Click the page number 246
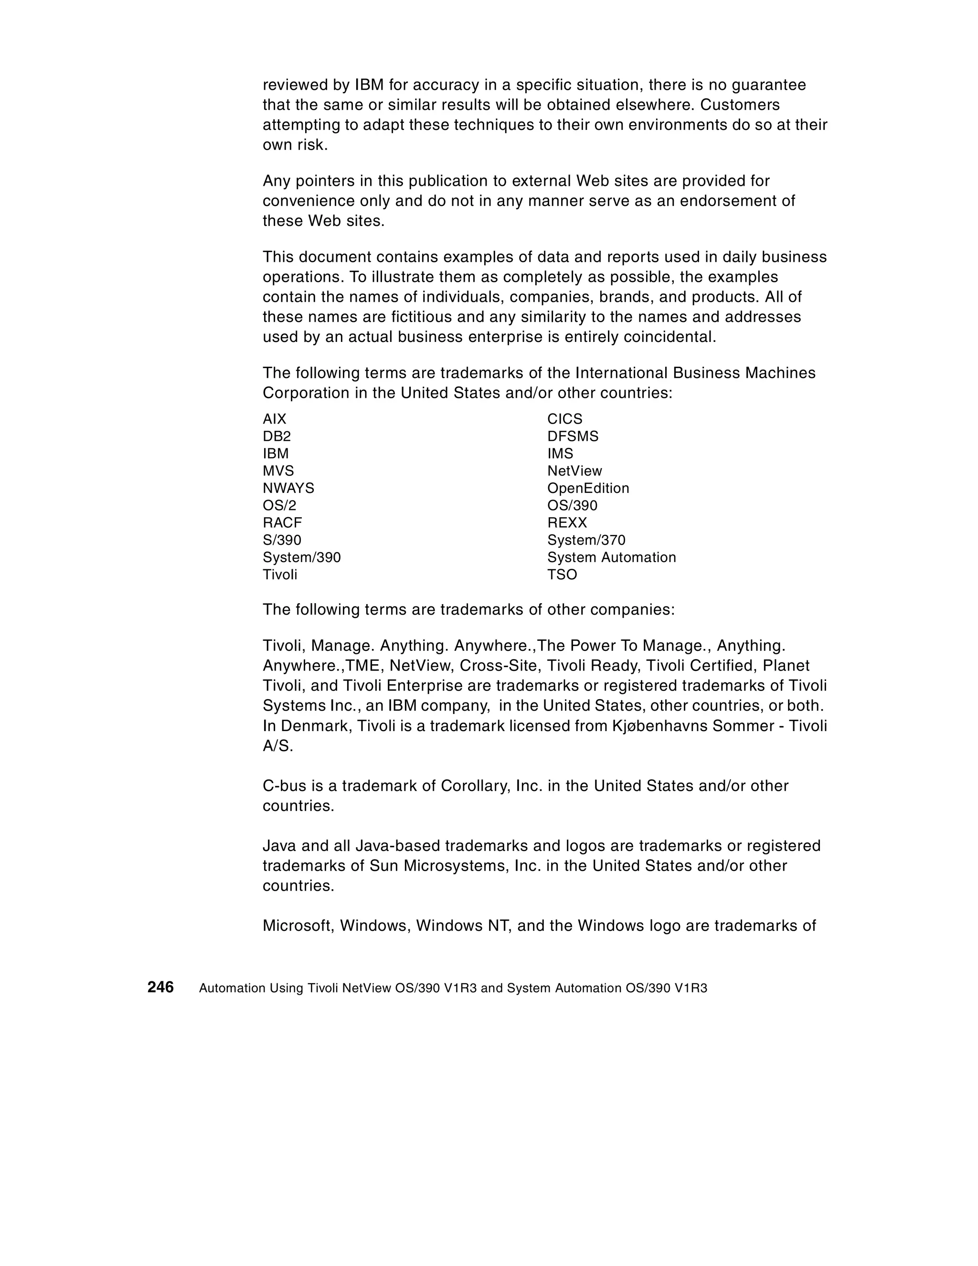160,987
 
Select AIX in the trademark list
274,419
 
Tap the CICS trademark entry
564,419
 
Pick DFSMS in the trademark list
573,436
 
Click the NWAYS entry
288,488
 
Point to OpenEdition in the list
588,488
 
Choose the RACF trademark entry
282,523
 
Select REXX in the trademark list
567,523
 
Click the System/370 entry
586,540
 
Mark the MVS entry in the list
278,471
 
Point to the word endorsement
726,201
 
